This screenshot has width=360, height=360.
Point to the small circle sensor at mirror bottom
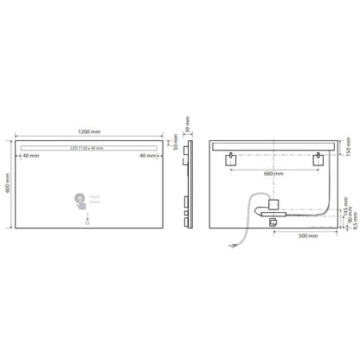coord(86,224)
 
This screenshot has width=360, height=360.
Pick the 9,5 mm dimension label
coord(347,232)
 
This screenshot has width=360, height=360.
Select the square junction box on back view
coord(274,205)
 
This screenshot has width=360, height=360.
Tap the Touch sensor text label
coord(95,201)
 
